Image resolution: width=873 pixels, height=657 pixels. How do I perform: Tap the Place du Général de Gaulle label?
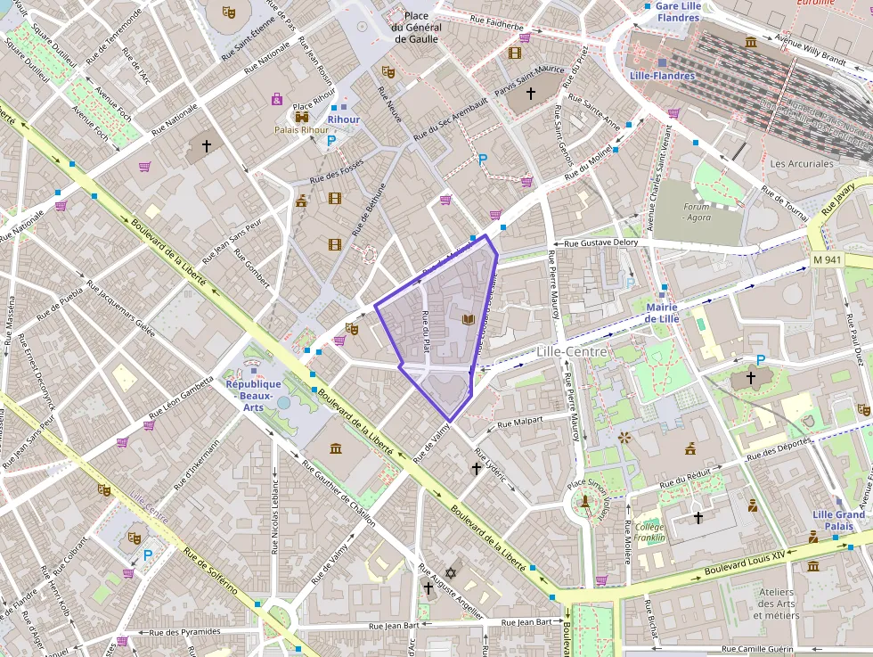tap(415, 28)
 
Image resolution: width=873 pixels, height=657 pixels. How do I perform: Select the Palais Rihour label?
tap(301, 130)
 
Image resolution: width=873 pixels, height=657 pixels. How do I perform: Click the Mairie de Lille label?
tap(661, 313)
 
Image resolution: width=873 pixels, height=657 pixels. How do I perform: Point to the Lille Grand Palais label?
tap(837, 520)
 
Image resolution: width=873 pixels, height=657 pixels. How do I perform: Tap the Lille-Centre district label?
tap(571, 351)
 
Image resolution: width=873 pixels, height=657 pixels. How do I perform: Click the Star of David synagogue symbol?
tap(449, 572)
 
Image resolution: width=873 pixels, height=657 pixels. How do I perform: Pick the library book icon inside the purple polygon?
tap(467, 318)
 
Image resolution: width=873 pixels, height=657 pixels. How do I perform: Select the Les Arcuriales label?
tap(802, 164)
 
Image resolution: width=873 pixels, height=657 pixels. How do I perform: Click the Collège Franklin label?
tap(650, 531)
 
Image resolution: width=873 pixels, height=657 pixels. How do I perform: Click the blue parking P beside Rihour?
tap(331, 141)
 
